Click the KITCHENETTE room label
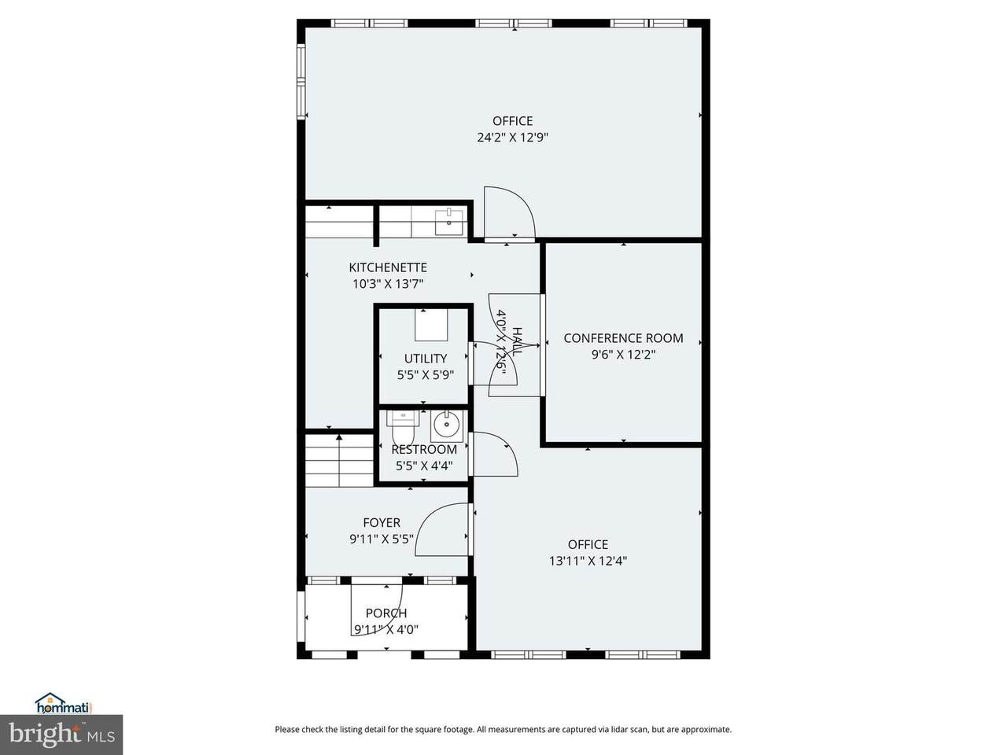point(388,267)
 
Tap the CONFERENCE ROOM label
point(623,338)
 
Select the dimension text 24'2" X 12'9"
point(512,138)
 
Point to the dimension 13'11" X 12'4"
point(588,561)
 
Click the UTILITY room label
point(426,358)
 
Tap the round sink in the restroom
point(446,425)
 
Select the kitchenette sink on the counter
point(448,222)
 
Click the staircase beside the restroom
point(339,460)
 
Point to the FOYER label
point(382,522)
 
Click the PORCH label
point(385,613)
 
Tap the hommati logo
point(63,703)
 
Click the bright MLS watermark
point(61,735)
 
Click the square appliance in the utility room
point(431,325)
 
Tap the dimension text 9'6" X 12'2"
point(623,355)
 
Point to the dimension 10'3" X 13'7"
point(388,284)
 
